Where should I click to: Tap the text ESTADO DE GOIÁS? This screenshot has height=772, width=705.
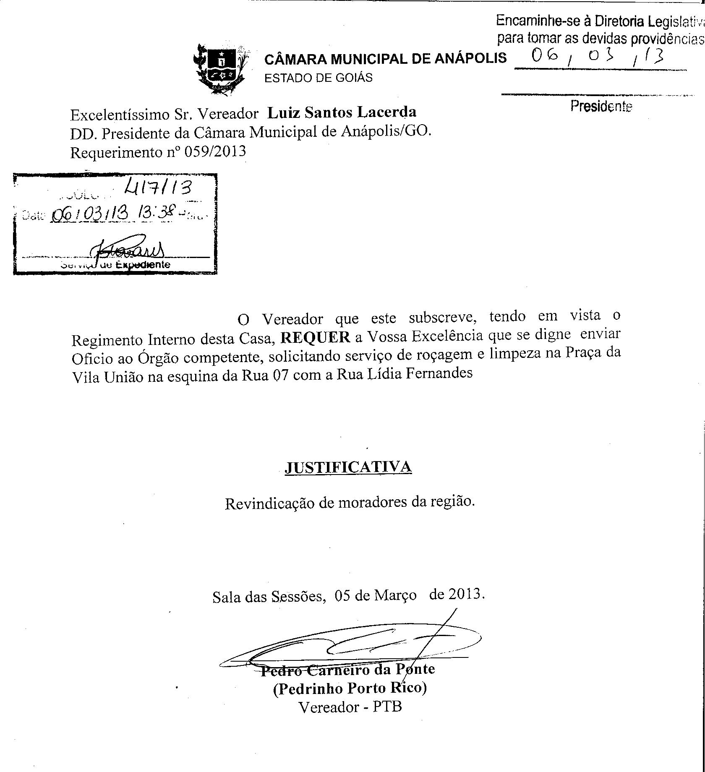pos(318,78)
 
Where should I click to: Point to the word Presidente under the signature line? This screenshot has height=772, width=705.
pos(601,107)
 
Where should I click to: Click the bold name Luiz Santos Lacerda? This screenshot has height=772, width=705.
pos(342,112)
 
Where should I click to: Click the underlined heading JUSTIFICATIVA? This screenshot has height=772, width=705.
pos(348,467)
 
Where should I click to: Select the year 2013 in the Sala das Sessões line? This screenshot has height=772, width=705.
pos(464,595)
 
